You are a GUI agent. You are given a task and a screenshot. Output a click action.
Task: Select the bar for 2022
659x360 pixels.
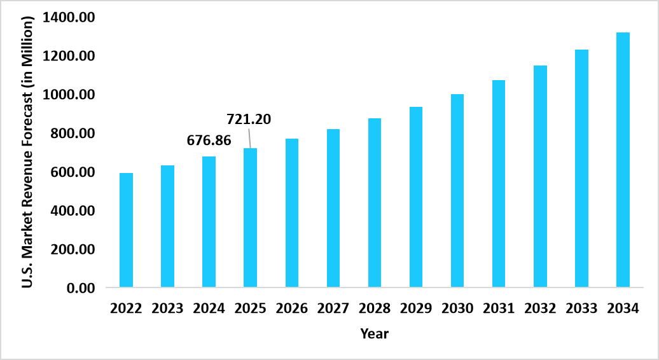click(x=126, y=230)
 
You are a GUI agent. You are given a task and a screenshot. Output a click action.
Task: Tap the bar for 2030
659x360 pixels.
click(x=457, y=191)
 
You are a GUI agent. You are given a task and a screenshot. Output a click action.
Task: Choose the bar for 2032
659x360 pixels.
click(x=540, y=176)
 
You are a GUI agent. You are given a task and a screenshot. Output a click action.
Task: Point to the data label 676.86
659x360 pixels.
click(x=209, y=141)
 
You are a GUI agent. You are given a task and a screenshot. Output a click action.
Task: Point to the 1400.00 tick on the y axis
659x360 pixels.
click(x=69, y=17)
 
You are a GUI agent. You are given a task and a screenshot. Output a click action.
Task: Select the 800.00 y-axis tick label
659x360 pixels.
click(x=72, y=134)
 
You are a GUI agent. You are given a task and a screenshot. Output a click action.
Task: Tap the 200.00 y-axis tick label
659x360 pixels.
click(x=72, y=249)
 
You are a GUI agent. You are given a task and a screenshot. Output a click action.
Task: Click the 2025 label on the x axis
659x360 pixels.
click(x=250, y=309)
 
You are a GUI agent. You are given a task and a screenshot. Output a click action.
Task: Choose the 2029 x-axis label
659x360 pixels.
click(x=416, y=309)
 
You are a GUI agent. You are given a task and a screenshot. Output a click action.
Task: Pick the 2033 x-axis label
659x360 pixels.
click(x=581, y=309)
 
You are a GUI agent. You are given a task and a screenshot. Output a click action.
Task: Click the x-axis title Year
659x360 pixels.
click(x=374, y=333)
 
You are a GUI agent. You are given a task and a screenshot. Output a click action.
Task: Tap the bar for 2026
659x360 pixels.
click(x=292, y=213)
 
